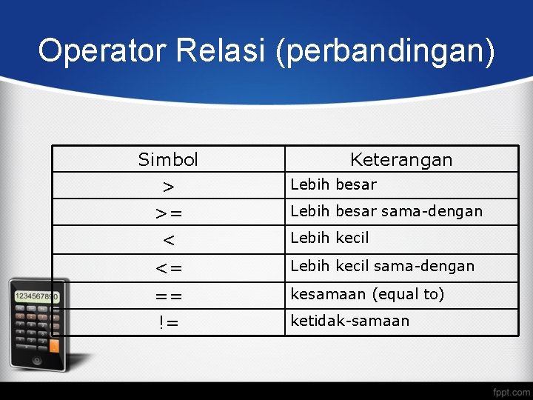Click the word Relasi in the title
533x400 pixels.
point(223,51)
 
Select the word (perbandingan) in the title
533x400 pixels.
point(386,53)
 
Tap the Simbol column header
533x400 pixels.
point(168,159)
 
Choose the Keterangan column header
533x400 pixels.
point(400,159)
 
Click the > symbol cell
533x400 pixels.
point(168,186)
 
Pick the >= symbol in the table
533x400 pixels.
point(168,213)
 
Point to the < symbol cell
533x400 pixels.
point(168,240)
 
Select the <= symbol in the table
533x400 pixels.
point(168,267)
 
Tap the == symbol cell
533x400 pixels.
point(168,295)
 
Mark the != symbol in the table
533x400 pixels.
point(168,322)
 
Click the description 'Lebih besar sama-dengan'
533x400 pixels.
point(386,211)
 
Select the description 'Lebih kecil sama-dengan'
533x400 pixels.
point(382,265)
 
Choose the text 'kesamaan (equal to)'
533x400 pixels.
point(367,294)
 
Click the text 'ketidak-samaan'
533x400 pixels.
point(349,321)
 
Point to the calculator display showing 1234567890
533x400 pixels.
point(37,296)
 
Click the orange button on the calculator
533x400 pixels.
point(54,344)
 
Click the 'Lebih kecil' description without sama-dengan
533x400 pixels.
point(329,238)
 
